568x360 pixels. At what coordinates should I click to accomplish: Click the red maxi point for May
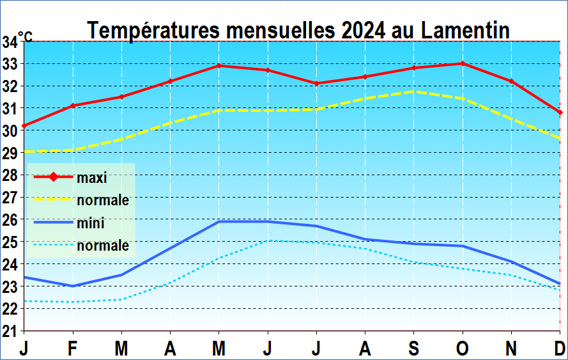point(219,65)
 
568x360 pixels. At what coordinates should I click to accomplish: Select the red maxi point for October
point(463,63)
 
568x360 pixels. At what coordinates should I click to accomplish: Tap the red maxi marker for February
point(73,106)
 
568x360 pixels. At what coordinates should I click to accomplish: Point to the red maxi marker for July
point(316,83)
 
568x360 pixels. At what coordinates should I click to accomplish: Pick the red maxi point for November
point(511,81)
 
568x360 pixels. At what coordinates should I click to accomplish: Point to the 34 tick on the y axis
point(10,42)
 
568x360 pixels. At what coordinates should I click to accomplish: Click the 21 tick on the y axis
point(10,331)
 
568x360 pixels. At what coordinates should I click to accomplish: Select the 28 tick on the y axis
point(10,175)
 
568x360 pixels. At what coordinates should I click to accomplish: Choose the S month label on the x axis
point(414,348)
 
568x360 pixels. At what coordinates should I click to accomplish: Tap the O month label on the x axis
point(463,348)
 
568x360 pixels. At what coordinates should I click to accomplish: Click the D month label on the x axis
point(560,348)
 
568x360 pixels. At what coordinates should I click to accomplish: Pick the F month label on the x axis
point(73,348)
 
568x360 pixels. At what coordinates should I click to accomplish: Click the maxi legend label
point(91,178)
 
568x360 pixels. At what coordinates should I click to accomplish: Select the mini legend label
point(90,223)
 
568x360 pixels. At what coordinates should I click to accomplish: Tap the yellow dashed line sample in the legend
point(52,200)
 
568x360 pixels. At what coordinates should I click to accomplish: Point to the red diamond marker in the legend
point(53,177)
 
